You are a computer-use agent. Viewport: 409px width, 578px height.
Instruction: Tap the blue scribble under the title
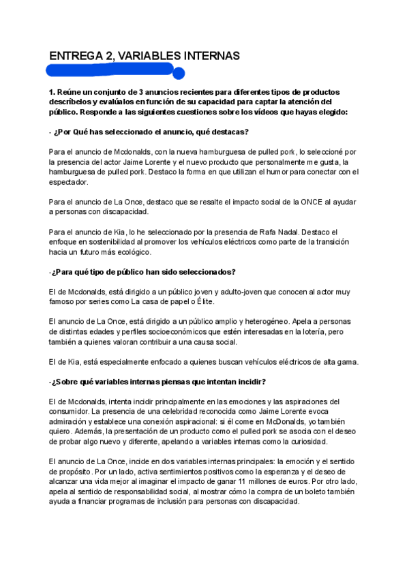112,71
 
